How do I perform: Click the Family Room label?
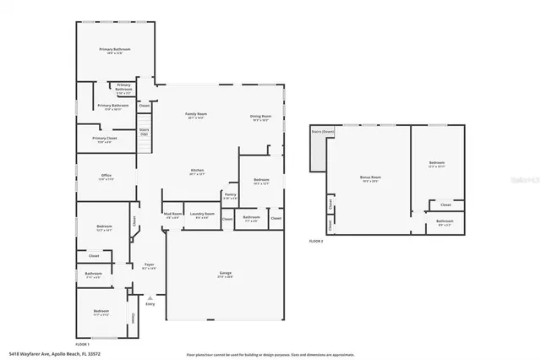(197, 115)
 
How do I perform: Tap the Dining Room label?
(260, 117)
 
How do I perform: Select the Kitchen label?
(197, 172)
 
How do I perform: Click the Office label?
(106, 176)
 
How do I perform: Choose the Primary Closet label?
(105, 139)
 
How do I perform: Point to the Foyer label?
(148, 266)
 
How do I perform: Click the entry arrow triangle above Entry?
(150, 297)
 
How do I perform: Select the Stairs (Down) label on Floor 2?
(323, 132)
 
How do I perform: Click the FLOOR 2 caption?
(315, 242)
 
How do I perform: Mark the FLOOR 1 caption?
(83, 344)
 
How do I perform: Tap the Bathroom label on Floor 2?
(445, 222)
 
